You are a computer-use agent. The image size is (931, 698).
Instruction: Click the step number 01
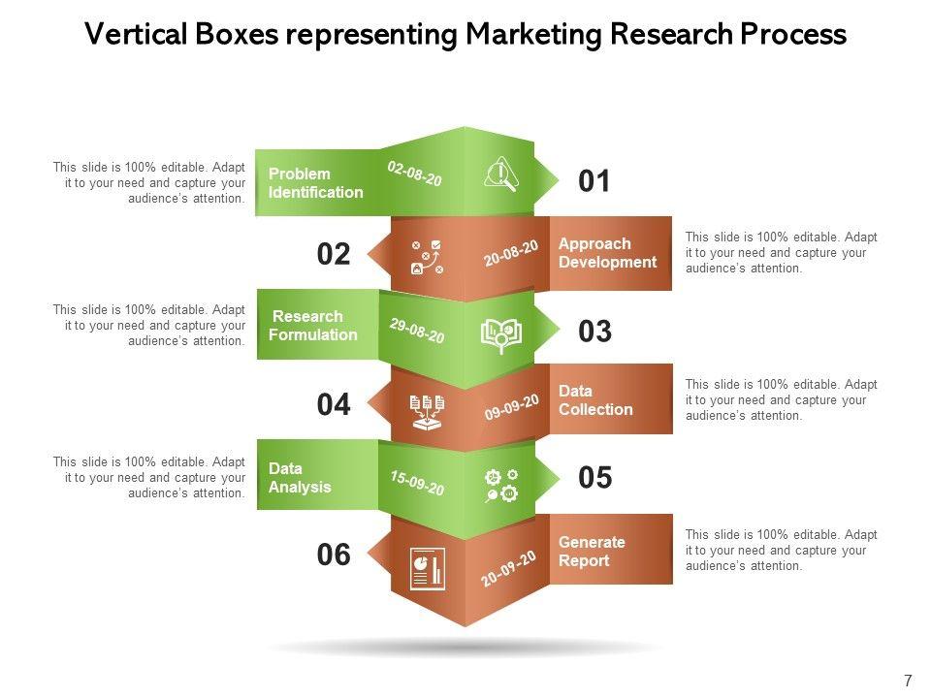tap(594, 181)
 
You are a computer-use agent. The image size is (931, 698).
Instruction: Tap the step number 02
tap(333, 254)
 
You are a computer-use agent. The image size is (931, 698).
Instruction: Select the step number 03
tap(594, 332)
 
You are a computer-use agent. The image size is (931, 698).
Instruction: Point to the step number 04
tap(333, 405)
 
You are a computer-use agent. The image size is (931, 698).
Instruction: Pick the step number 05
tap(594, 478)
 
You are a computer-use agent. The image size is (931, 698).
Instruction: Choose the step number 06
tap(333, 555)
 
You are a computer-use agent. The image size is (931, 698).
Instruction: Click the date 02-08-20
tap(414, 174)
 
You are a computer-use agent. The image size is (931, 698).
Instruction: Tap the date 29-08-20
tap(417, 331)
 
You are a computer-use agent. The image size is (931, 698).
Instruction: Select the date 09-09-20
tap(511, 406)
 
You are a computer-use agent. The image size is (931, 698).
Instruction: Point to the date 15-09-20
tap(417, 483)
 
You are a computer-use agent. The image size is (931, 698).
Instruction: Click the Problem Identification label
tap(315, 183)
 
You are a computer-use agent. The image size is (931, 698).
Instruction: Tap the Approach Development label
tap(607, 253)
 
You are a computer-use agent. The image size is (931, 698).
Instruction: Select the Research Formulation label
tap(313, 326)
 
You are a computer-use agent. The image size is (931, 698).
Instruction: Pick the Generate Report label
tap(592, 552)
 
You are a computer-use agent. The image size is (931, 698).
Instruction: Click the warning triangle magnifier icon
tap(500, 174)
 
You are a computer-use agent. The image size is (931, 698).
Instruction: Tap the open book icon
tap(501, 335)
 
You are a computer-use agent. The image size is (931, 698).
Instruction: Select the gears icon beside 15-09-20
tap(501, 486)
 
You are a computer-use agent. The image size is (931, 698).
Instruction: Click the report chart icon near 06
tap(427, 569)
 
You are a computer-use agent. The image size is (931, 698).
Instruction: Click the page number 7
tap(908, 681)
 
